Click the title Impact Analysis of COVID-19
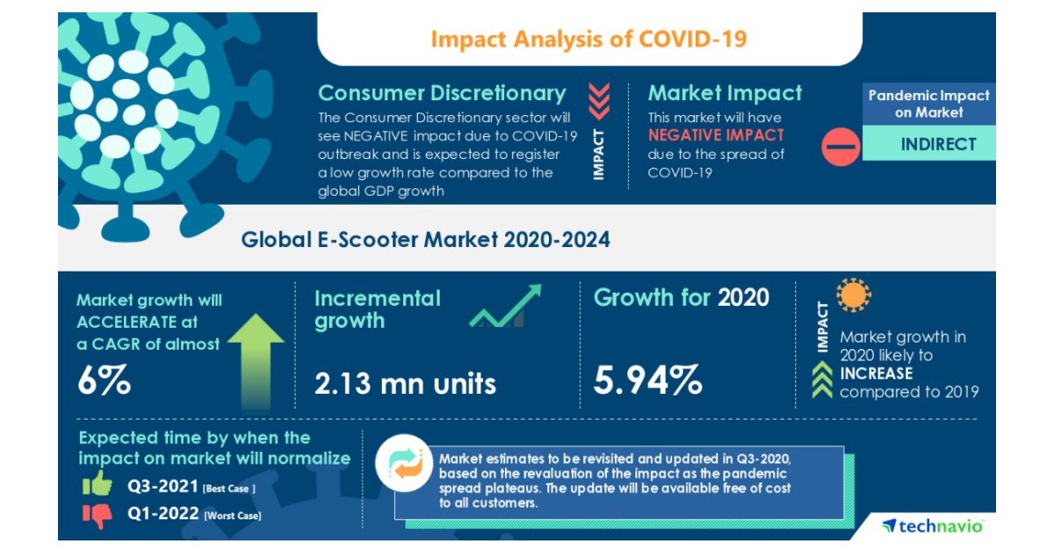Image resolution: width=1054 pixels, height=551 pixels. pyautogui.click(x=589, y=40)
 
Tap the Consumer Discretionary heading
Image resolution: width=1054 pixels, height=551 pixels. pyautogui.click(x=442, y=93)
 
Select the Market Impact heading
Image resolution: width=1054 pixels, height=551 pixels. pyautogui.click(x=725, y=93)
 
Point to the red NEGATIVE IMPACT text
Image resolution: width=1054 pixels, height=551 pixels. pyautogui.click(x=716, y=135)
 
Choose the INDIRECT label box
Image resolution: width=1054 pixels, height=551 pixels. pyautogui.click(x=938, y=143)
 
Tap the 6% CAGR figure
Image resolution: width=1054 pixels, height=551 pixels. pyautogui.click(x=105, y=381)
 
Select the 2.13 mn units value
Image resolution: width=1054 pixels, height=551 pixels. pyautogui.click(x=405, y=382)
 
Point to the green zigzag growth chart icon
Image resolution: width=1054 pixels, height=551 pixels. pyautogui.click(x=505, y=307)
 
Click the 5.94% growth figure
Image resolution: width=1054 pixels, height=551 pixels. pyautogui.click(x=648, y=381)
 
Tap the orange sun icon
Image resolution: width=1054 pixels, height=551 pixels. pyautogui.click(x=853, y=296)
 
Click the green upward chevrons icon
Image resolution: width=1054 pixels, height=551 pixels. pyautogui.click(x=821, y=381)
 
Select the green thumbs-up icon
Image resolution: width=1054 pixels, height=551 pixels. pyautogui.click(x=97, y=483)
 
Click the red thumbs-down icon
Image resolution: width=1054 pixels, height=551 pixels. pyautogui.click(x=97, y=515)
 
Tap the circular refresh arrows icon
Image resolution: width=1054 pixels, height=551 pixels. pyautogui.click(x=407, y=468)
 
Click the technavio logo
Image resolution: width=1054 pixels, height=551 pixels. pyautogui.click(x=933, y=526)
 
